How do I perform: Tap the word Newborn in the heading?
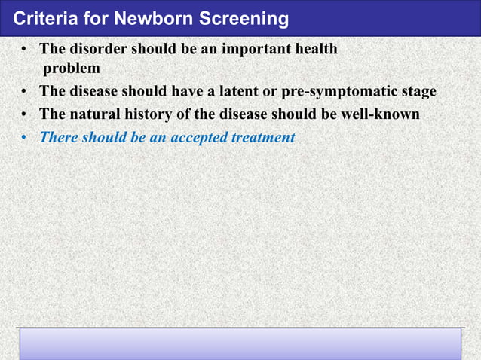click(x=131, y=18)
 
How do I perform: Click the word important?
click(x=233, y=50)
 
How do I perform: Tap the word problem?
click(x=71, y=69)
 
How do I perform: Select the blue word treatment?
click(x=266, y=138)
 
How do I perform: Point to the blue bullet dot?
click(x=25, y=138)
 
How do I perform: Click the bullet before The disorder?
click(x=25, y=50)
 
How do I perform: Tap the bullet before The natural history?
click(x=25, y=115)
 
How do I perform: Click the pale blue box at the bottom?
click(x=240, y=343)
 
